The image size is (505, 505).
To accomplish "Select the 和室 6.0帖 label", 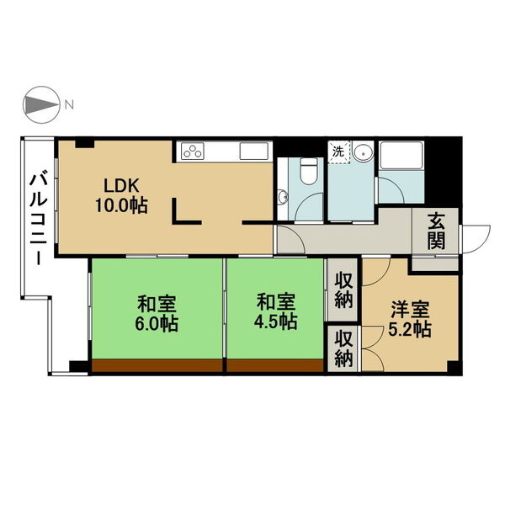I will point(157,311).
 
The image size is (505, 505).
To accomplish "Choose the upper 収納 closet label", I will point(343,290).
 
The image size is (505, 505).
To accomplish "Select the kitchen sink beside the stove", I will point(253,151).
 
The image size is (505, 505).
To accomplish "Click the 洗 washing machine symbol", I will point(338,152).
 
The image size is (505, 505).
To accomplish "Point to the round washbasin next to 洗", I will point(364,152).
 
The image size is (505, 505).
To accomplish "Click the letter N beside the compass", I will point(70,105).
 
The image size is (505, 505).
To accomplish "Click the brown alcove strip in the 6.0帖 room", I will point(157,366).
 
